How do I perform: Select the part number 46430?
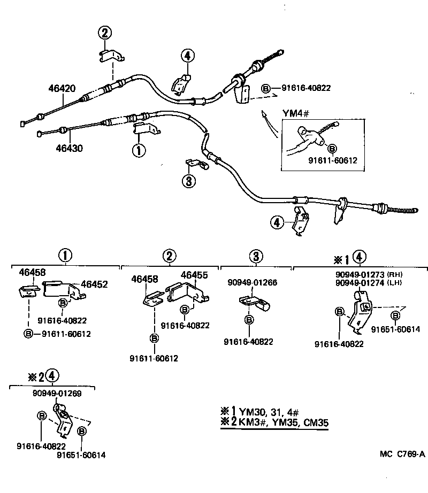(67, 148)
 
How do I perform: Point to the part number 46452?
(94, 284)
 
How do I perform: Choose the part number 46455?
(194, 275)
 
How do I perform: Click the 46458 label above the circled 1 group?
(32, 272)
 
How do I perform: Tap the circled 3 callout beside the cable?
(188, 182)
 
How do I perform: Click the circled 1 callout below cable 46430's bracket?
(139, 151)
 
